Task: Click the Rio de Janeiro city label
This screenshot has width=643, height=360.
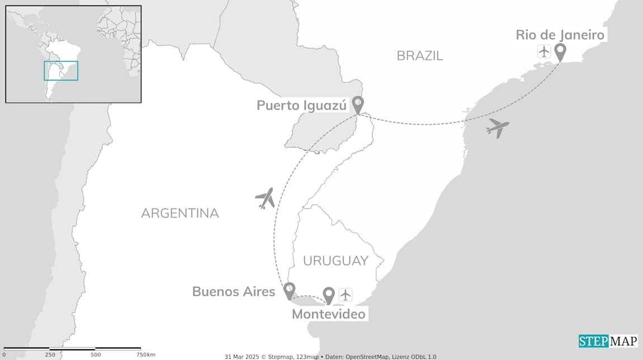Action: point(560,35)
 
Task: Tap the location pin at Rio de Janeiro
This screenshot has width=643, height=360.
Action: point(560,51)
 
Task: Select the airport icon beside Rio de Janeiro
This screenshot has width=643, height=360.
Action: point(543,51)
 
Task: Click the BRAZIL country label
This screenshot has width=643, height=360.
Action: point(420,56)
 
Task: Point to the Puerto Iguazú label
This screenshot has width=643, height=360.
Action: point(302,105)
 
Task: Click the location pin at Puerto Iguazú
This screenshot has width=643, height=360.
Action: point(358,103)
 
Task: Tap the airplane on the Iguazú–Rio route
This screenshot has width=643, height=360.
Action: point(497,129)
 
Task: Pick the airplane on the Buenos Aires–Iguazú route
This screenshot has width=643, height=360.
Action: point(265,198)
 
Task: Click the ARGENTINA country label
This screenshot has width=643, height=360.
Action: point(180,213)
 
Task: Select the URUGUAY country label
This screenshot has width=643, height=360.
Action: point(335,261)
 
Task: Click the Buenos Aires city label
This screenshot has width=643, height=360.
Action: point(234,291)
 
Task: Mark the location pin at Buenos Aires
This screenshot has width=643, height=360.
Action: point(289,290)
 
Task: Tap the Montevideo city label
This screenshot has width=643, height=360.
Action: point(329,314)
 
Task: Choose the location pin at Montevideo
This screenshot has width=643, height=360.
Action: point(329,295)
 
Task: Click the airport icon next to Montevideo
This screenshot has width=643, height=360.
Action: point(346,294)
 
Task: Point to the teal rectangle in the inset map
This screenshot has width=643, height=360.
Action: point(61,70)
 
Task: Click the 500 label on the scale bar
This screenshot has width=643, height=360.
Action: point(96,354)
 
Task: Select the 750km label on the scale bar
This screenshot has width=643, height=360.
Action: point(146,354)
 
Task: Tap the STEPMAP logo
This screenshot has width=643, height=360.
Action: point(608,341)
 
